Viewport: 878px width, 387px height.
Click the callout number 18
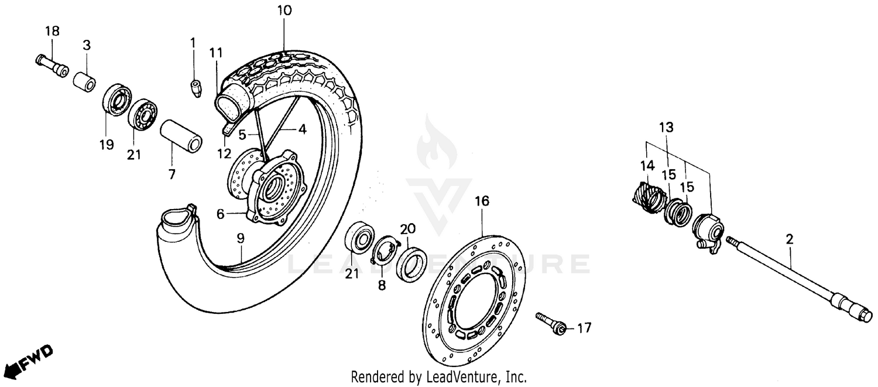click(53, 31)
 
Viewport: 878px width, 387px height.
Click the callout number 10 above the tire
click(284, 11)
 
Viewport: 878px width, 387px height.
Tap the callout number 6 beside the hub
click(220, 214)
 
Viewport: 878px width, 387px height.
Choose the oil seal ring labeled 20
click(412, 261)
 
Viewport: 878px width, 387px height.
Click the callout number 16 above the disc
click(481, 202)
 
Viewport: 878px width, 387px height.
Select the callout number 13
click(666, 127)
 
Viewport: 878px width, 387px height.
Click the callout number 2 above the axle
click(790, 239)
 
